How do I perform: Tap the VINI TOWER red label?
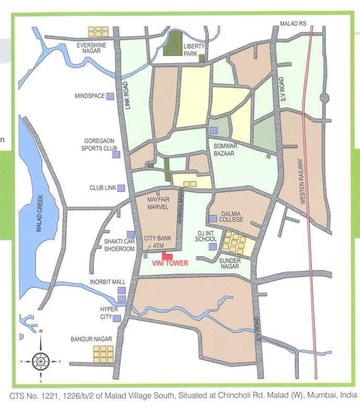coord(168,264)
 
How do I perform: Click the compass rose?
coord(41,361)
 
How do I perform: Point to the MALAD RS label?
coord(292,24)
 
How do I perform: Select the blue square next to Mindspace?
coord(110,96)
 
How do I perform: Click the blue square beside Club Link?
coord(121,188)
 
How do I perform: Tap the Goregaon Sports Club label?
coord(99,144)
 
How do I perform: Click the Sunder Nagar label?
coord(229,263)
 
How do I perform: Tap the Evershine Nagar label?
coord(92,49)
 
